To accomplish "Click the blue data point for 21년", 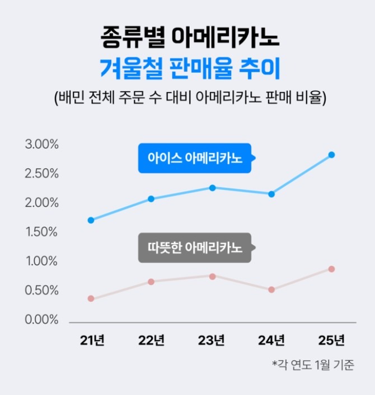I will [x=91, y=220].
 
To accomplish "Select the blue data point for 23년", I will [x=213, y=188].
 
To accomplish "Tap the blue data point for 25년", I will [x=331, y=155].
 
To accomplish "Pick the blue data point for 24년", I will [x=271, y=194].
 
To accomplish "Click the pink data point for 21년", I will [x=91, y=298].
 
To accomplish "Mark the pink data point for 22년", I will [x=151, y=282].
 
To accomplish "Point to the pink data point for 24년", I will [x=271, y=289].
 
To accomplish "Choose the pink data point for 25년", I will [x=331, y=269].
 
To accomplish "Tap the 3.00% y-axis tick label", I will [x=42, y=145].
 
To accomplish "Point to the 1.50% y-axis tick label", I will [x=42, y=232].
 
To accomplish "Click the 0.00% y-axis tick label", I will [x=42, y=320].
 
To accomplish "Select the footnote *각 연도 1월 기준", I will [x=313, y=365].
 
